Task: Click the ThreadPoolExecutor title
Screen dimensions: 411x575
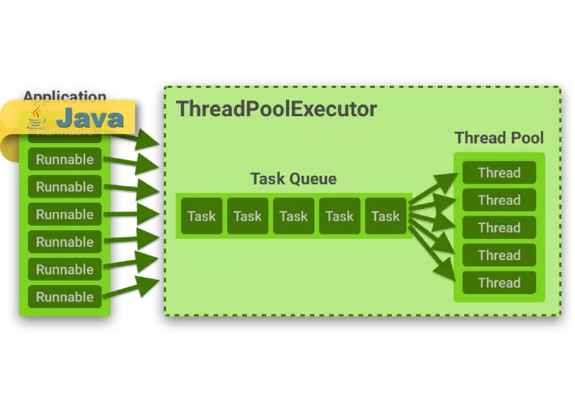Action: [x=276, y=109]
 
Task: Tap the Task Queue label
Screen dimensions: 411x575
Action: [x=293, y=179]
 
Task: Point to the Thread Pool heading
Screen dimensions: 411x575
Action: [x=499, y=137]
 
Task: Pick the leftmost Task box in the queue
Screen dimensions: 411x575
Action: [x=202, y=216]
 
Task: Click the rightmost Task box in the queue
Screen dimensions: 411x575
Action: [x=385, y=216]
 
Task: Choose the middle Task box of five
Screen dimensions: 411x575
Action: [x=293, y=216]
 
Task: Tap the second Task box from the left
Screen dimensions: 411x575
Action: [x=248, y=216]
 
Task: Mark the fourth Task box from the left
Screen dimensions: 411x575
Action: [x=339, y=216]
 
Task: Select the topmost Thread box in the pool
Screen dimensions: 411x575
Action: [x=499, y=173]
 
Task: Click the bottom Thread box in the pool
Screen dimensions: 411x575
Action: [x=499, y=283]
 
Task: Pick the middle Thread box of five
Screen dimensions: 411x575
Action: [x=499, y=227]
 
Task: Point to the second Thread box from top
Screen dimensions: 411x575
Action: [x=499, y=200]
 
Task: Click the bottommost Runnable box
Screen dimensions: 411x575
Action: [x=65, y=297]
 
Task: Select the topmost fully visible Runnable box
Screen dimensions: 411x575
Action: [x=65, y=159]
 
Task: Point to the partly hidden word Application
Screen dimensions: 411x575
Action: [x=65, y=96]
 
